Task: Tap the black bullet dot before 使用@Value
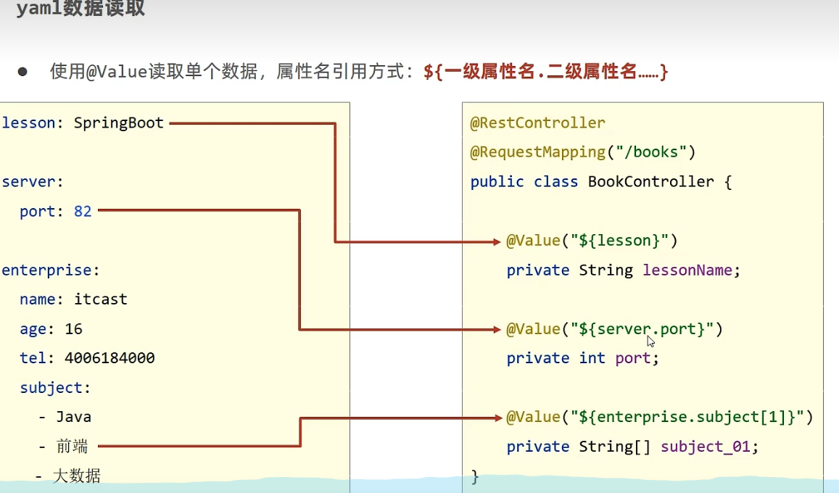click(22, 72)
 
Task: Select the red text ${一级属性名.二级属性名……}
click(545, 72)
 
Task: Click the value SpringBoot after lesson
click(119, 123)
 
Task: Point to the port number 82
click(83, 212)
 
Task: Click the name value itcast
click(101, 299)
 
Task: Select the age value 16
click(73, 329)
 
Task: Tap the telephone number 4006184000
click(109, 358)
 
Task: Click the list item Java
click(73, 417)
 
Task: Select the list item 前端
click(73, 447)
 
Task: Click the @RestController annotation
click(537, 123)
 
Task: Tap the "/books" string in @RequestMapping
click(651, 152)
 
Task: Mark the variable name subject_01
click(705, 447)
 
